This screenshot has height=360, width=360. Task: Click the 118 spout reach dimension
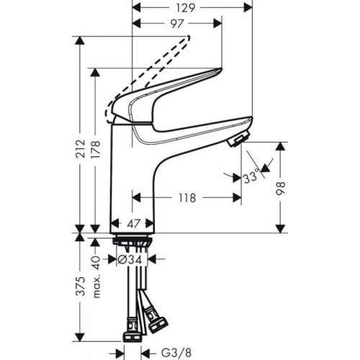(x=188, y=196)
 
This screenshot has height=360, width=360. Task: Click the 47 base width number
(x=135, y=225)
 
